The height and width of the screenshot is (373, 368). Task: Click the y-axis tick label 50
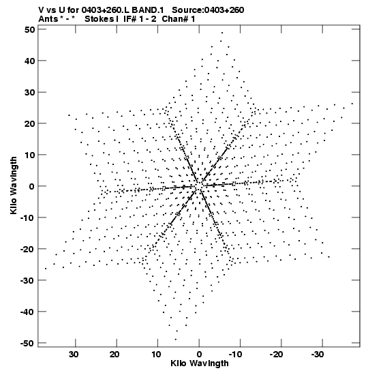point(29,29)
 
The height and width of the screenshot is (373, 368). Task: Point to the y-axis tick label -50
point(28,343)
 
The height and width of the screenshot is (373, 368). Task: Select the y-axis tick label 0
point(32,186)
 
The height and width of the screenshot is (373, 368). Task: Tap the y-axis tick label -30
point(28,280)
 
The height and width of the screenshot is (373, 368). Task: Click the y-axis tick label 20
point(29,123)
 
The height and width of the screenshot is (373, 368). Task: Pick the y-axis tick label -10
point(28,218)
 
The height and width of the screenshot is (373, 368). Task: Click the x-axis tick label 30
point(74,355)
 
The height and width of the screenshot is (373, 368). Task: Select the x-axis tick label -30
point(318,355)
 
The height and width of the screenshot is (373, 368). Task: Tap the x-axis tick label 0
point(199,355)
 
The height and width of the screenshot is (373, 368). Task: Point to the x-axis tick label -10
point(235,355)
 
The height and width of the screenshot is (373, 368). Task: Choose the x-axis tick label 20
point(114,355)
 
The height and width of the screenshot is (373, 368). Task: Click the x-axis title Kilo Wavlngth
point(200,364)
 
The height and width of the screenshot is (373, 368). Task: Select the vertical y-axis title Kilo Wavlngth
point(14,185)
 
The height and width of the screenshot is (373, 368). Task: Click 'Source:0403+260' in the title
point(208,10)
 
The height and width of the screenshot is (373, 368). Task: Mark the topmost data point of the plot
point(222,33)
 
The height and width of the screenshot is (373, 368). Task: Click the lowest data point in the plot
point(175,340)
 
